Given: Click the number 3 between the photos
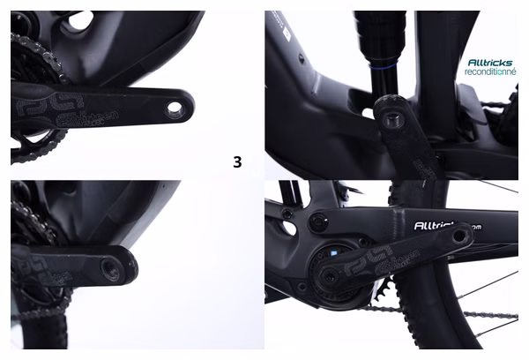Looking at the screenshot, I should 236,161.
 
